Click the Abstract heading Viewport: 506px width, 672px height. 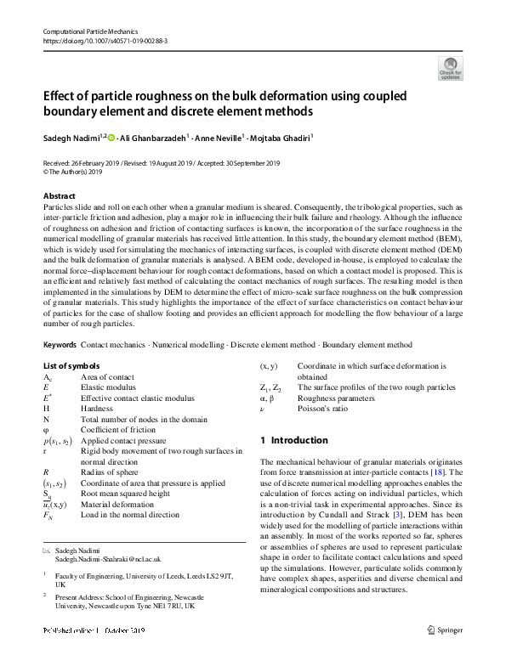59,196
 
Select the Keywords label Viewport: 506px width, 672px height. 60,345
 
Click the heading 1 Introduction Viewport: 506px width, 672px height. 293,440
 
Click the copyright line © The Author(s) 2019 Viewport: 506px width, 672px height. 77,170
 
